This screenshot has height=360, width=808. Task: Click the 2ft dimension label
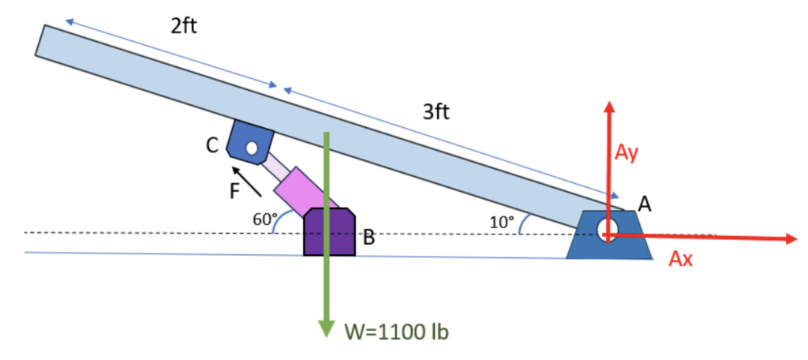[x=184, y=26]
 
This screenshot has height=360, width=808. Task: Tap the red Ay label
[x=627, y=153]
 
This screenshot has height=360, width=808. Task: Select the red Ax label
[x=680, y=258]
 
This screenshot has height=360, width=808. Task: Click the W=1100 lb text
[x=397, y=331]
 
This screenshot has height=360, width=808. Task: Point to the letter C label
[x=212, y=145]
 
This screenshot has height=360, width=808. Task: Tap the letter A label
[x=645, y=204]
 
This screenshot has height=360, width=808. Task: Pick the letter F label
[x=234, y=189]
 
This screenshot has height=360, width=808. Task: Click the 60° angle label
[x=264, y=219]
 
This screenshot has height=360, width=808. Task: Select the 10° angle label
[x=501, y=221]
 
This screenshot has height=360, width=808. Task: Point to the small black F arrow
[x=248, y=180]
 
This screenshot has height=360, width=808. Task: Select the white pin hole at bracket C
[x=252, y=147]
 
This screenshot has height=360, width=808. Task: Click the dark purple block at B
[x=328, y=232]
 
